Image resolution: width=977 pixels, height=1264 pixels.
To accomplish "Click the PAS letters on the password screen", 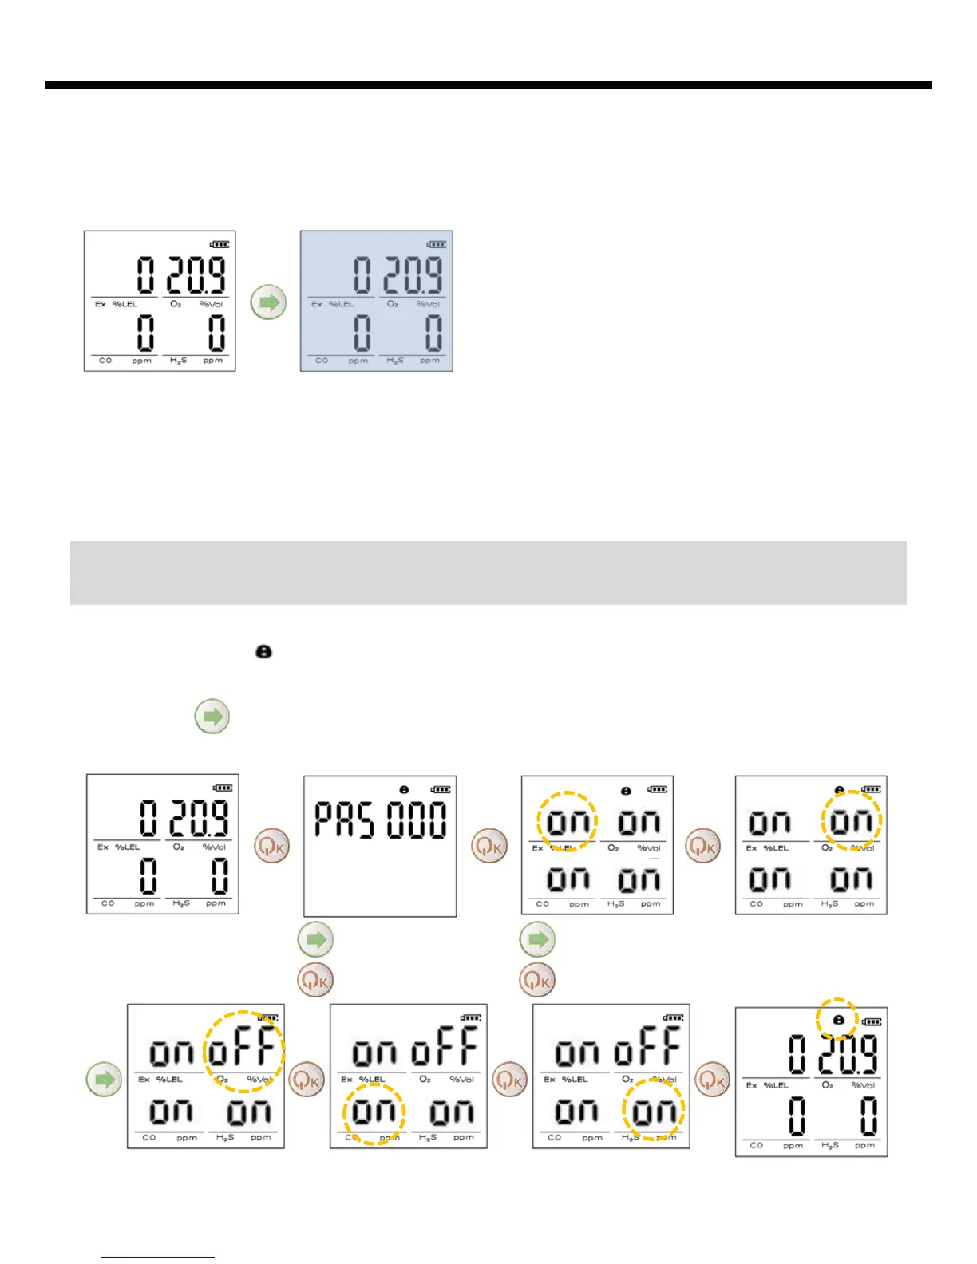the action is point(343,820).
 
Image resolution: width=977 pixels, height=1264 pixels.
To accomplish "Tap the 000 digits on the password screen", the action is point(417,820).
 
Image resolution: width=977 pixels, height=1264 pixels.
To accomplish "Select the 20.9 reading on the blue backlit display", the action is point(413,275).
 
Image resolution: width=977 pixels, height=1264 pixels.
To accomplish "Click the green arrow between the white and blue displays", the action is point(268,302).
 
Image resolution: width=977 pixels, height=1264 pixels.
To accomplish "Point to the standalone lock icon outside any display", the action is point(263,652).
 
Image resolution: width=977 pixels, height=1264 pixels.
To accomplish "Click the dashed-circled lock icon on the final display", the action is point(837,1020).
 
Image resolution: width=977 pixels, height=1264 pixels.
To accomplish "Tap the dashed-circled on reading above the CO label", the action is point(374,1111).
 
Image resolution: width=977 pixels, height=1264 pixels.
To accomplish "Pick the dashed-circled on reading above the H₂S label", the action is point(654,1111).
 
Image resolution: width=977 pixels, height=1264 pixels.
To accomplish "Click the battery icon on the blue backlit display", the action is point(436,244).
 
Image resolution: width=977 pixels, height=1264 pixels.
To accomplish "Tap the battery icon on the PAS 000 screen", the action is point(440,789).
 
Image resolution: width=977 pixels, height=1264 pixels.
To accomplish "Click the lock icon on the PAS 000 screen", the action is point(405,789).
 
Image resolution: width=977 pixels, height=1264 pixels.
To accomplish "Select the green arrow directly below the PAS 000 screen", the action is point(316,939).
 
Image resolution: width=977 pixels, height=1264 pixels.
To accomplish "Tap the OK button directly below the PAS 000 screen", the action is point(316,978).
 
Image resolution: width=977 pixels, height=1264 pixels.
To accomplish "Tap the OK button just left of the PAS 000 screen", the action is point(271,846).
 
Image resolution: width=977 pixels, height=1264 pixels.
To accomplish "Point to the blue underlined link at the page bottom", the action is point(158,1257).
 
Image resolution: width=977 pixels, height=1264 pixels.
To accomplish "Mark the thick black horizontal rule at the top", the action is point(488,85).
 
